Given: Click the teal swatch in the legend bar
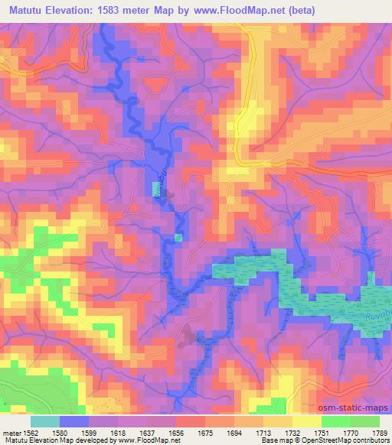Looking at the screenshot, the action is pos(44,421).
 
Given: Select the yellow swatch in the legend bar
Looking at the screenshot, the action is pos(307,421).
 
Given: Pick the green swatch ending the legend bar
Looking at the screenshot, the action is pos(364,421).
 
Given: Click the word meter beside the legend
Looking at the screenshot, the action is pos(11,432).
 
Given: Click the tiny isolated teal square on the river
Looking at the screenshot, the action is pos(178,238).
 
